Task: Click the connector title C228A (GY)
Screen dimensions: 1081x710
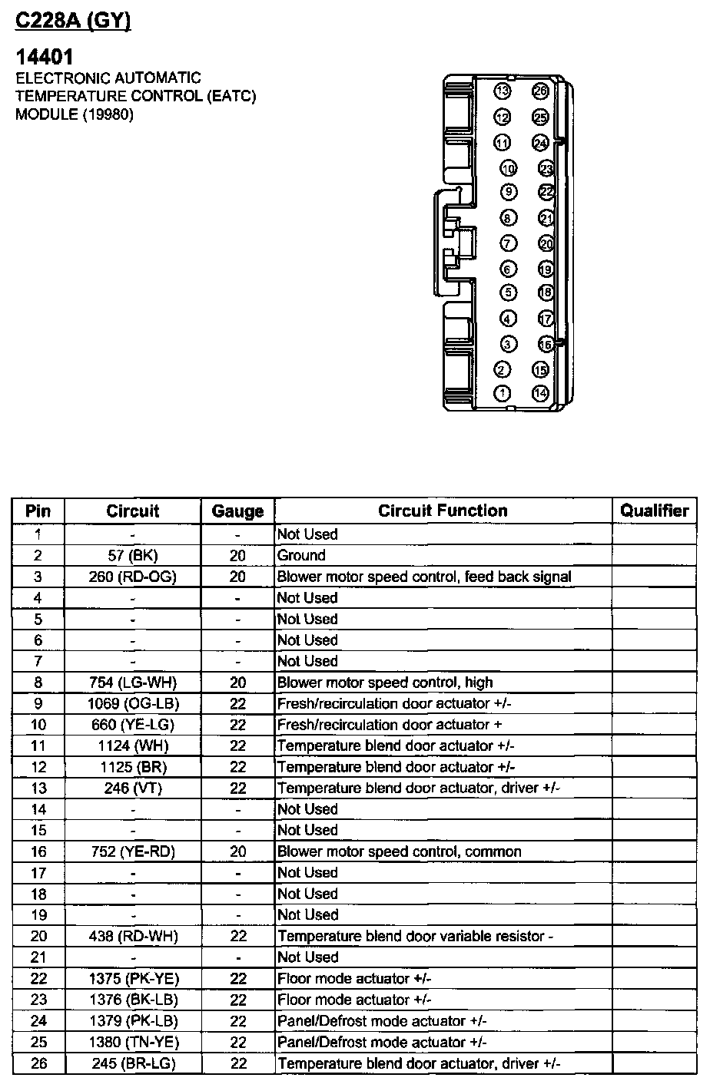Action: tap(74, 21)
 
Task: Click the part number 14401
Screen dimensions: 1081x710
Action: tap(45, 57)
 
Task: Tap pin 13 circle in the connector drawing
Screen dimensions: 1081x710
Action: tap(503, 92)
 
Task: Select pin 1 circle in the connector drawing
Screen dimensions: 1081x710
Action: tap(503, 394)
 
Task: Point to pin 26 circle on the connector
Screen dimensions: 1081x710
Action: tap(540, 92)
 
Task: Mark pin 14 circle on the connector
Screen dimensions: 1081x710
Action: tap(540, 394)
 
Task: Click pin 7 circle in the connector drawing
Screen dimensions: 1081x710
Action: tap(508, 243)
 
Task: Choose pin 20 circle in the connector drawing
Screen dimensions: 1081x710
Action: tap(546, 243)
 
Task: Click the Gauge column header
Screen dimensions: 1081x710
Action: tap(237, 511)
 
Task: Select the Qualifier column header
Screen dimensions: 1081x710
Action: tap(655, 511)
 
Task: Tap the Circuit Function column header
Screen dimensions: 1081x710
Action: tap(443, 511)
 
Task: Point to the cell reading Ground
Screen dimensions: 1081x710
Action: tap(301, 555)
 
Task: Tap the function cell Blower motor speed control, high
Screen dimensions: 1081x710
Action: tap(385, 683)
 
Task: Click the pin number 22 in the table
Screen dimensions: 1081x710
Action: tap(38, 979)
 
